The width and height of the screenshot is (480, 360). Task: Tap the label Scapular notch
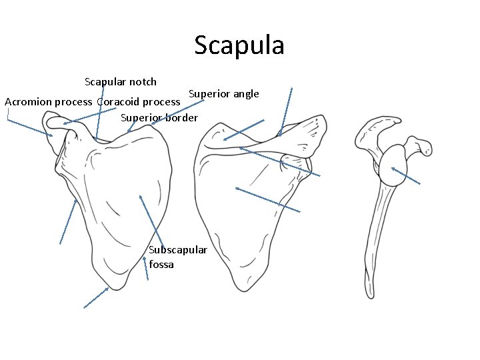point(121,82)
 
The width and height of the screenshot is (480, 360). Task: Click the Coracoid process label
point(139,102)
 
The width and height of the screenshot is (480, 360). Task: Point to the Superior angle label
point(223,93)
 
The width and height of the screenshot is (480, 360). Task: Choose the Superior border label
point(159,118)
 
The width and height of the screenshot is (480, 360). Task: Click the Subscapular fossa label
point(177,257)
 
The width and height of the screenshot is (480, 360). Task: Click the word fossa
point(162,265)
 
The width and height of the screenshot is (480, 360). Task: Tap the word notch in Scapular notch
point(143,82)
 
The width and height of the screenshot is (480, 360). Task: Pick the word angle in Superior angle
point(245,93)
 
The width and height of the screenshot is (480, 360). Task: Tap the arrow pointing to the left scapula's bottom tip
point(96,298)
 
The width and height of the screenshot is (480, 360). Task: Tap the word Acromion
point(29,102)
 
